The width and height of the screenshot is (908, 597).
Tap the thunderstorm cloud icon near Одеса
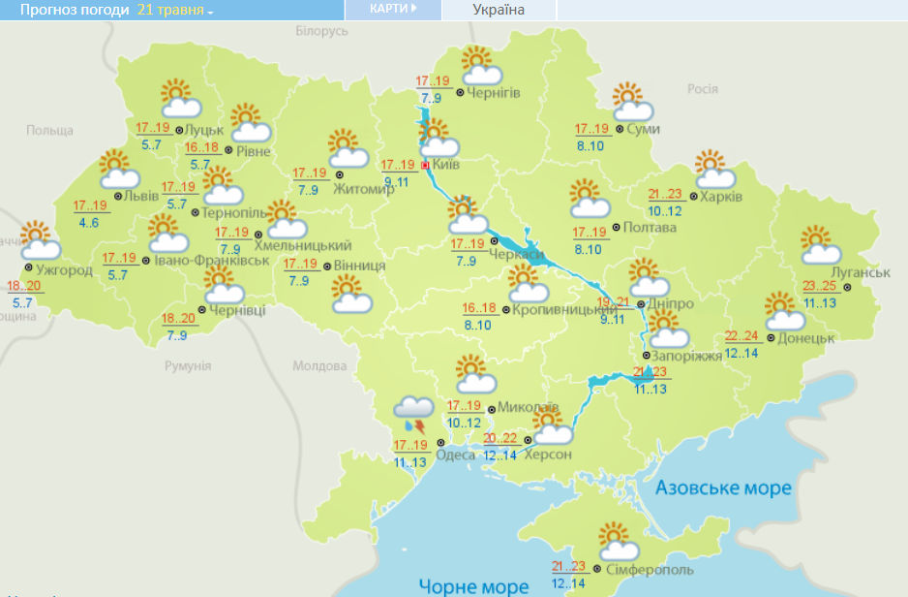(414, 415)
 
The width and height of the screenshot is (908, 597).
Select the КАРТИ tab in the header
(393, 10)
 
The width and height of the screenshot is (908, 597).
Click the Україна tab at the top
(499, 11)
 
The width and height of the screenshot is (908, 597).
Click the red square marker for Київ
(424, 165)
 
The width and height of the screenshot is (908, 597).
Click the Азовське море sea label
(723, 488)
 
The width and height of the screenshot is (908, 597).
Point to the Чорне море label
(473, 585)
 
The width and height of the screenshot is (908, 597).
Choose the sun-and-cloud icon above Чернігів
(480, 66)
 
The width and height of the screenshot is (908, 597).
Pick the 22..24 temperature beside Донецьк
(742, 336)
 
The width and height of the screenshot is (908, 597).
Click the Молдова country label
(318, 366)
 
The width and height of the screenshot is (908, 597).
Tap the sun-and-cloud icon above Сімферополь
(618, 541)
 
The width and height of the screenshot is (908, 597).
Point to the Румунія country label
(187, 365)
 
